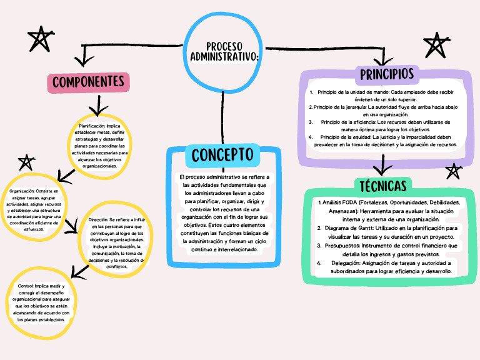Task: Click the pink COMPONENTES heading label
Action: tap(87, 82)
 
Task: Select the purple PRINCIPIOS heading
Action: tap(387, 74)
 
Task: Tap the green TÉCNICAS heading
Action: tap(383, 186)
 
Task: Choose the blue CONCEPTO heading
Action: tap(222, 154)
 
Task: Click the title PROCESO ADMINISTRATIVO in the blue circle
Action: tap(224, 52)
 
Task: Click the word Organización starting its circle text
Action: tap(22, 191)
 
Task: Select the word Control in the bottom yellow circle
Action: tap(21, 286)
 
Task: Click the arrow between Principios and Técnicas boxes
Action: tap(382, 166)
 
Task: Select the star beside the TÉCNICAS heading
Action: tap(453, 171)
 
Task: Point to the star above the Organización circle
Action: tap(26, 163)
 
